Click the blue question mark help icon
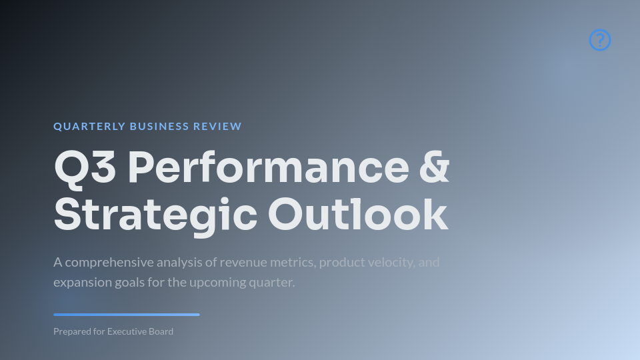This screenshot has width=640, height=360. (x=600, y=40)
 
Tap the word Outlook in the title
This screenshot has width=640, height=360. (x=358, y=215)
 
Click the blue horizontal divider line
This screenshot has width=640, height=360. (x=127, y=315)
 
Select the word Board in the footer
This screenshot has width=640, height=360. (x=162, y=331)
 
